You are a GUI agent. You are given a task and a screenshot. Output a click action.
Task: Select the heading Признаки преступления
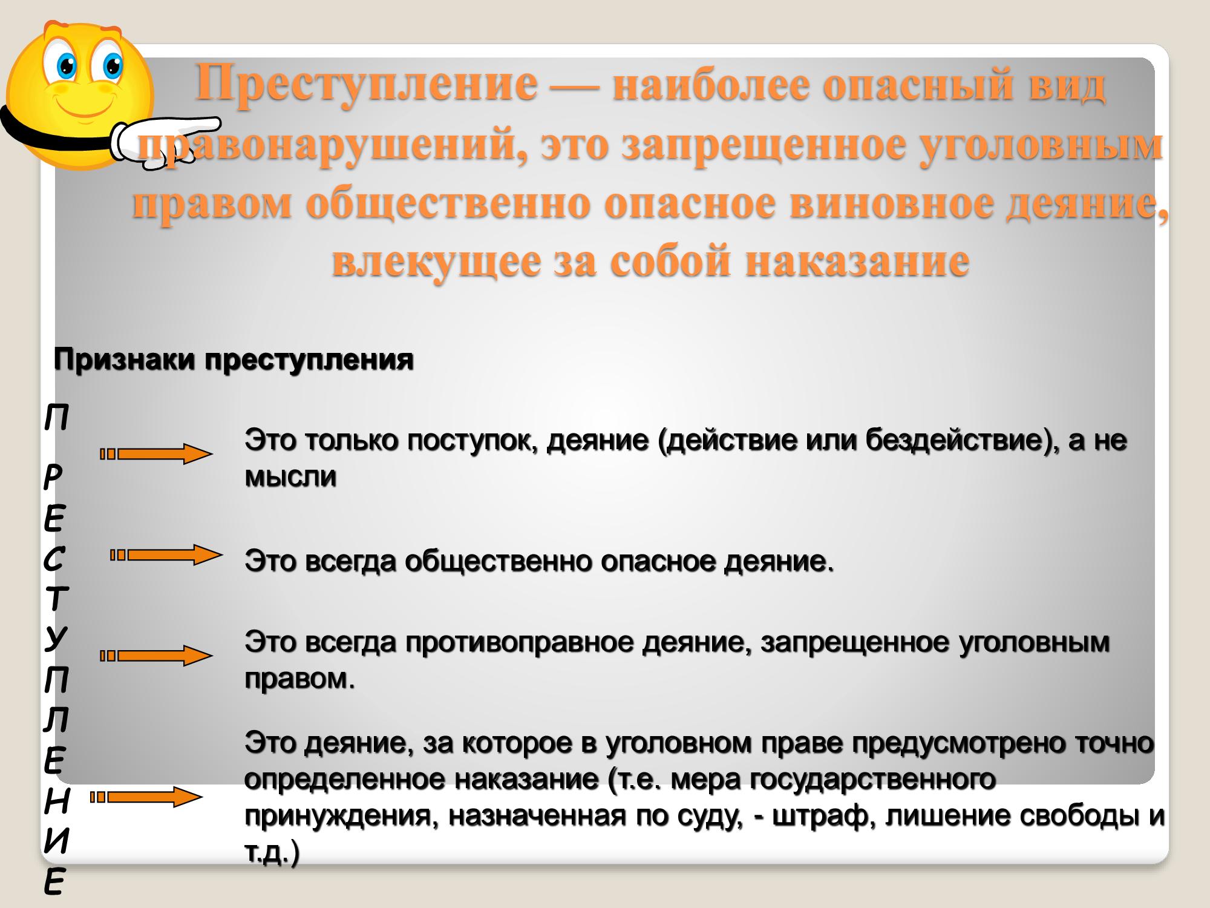click(234, 360)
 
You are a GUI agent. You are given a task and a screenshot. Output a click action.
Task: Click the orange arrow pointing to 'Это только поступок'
click(156, 454)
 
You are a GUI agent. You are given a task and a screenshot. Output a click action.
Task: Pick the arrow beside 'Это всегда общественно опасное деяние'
click(166, 554)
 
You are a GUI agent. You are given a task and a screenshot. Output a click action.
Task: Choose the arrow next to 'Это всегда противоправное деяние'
click(156, 656)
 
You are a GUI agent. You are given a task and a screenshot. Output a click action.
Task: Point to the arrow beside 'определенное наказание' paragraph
click(146, 797)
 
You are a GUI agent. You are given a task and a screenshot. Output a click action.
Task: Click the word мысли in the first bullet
click(290, 478)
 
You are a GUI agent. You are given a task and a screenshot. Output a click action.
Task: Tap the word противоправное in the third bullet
click(520, 643)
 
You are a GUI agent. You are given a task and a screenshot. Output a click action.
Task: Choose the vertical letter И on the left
click(56, 841)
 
